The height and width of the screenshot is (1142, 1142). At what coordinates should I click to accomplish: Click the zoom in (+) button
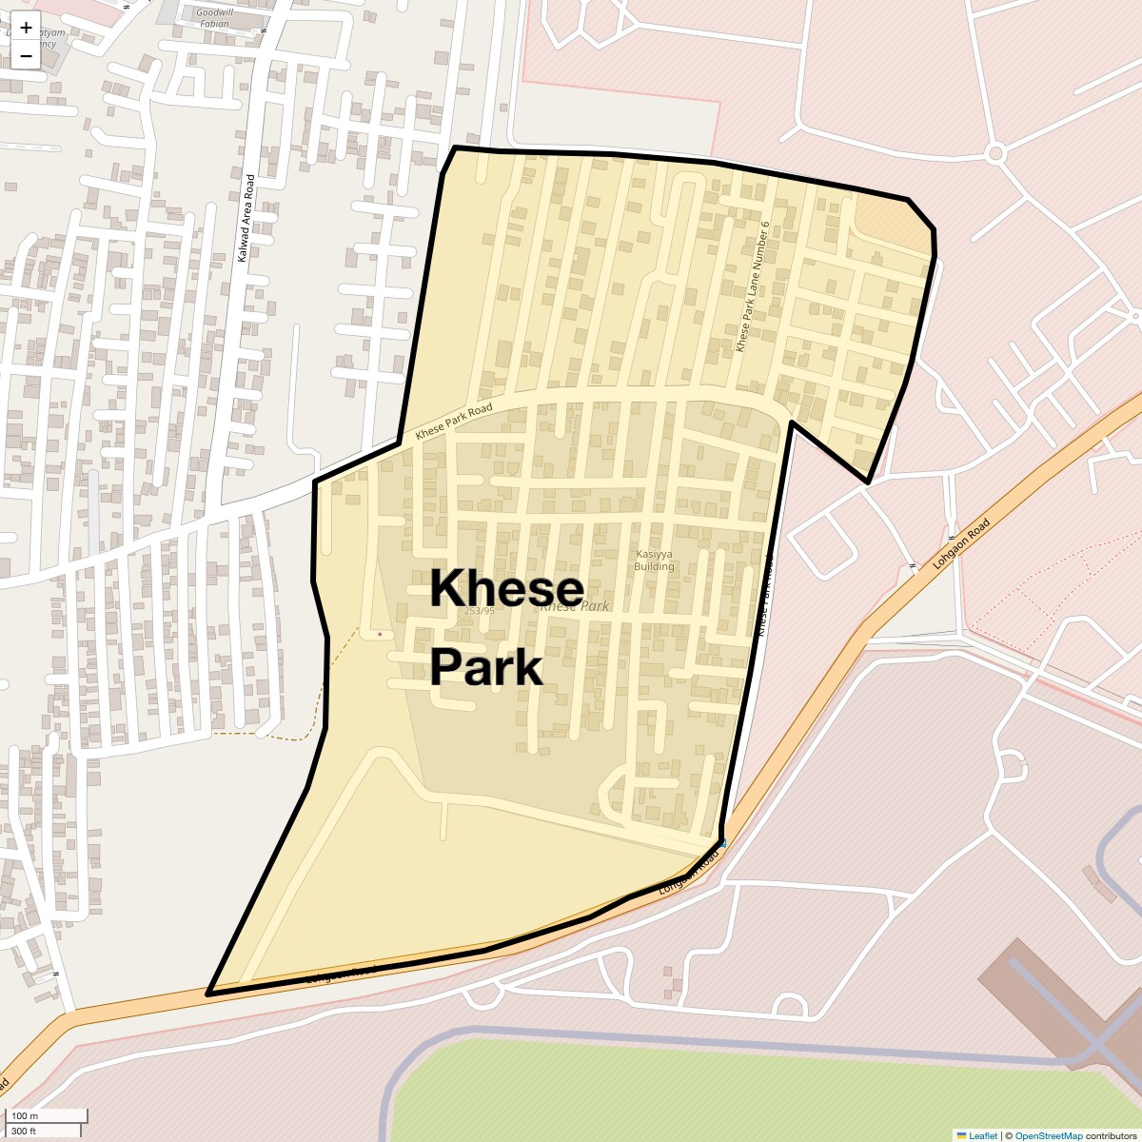(26, 27)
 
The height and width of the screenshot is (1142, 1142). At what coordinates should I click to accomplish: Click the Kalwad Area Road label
(246, 218)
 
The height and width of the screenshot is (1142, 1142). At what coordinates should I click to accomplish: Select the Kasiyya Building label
(654, 560)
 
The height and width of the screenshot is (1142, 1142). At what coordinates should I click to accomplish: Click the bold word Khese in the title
(506, 589)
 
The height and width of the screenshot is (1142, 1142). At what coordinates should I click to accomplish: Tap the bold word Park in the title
(485, 667)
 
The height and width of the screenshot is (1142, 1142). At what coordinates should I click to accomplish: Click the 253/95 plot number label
(480, 611)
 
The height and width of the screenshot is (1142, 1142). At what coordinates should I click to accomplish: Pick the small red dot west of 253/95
(380, 634)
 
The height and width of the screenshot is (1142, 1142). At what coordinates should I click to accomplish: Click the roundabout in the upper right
(995, 152)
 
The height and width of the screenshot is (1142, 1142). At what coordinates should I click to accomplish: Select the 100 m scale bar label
(26, 1115)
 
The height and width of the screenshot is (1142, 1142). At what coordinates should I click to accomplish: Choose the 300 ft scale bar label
(25, 1131)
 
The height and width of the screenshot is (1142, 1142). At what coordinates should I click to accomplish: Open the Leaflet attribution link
(983, 1135)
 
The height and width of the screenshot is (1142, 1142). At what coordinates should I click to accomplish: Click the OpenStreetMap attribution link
(1048, 1135)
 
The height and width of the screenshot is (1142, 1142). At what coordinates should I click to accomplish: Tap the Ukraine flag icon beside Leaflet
(961, 1135)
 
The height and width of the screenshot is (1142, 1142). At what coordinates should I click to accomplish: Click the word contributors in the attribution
(1111, 1135)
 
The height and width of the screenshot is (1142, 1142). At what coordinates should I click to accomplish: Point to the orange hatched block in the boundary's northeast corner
(889, 223)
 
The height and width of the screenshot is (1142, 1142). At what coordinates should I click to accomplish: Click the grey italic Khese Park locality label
(575, 606)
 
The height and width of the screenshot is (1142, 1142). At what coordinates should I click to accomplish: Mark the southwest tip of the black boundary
(209, 993)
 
